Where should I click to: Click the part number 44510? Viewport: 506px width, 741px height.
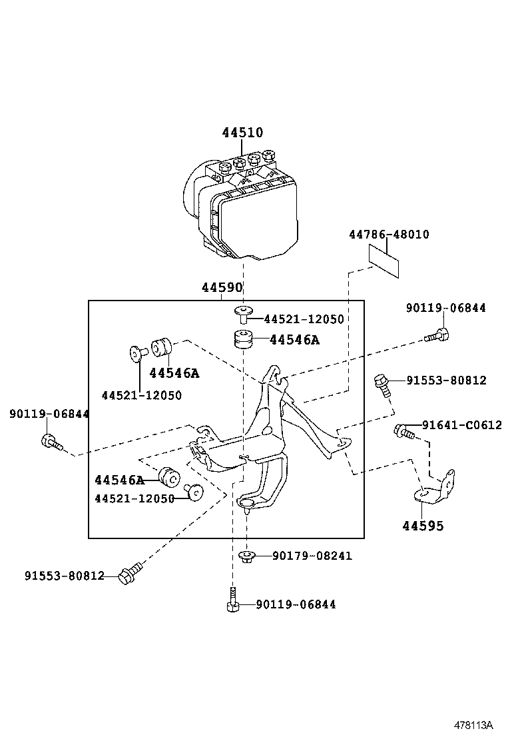click(x=242, y=133)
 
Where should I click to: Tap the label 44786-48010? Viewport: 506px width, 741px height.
click(x=389, y=235)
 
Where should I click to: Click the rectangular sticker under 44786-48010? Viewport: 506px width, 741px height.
click(x=384, y=261)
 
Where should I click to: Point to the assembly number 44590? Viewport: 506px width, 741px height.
click(x=222, y=288)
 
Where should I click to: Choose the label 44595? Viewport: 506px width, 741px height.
click(x=423, y=526)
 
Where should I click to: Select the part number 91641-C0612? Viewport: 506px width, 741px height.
click(x=461, y=425)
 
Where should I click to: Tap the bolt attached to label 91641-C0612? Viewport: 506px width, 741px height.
click(x=404, y=432)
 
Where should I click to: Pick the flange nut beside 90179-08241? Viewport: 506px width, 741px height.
click(x=245, y=556)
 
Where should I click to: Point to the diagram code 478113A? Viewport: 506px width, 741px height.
click(x=473, y=724)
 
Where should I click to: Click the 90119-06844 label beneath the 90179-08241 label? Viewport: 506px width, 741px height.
click(x=296, y=604)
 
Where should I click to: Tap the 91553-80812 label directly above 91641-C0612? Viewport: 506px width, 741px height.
click(x=447, y=380)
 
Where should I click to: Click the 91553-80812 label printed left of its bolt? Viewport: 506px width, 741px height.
click(x=65, y=575)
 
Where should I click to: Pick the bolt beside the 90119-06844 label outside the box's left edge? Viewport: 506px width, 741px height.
click(x=51, y=441)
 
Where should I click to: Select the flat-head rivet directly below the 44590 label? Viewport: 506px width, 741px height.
click(x=244, y=314)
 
